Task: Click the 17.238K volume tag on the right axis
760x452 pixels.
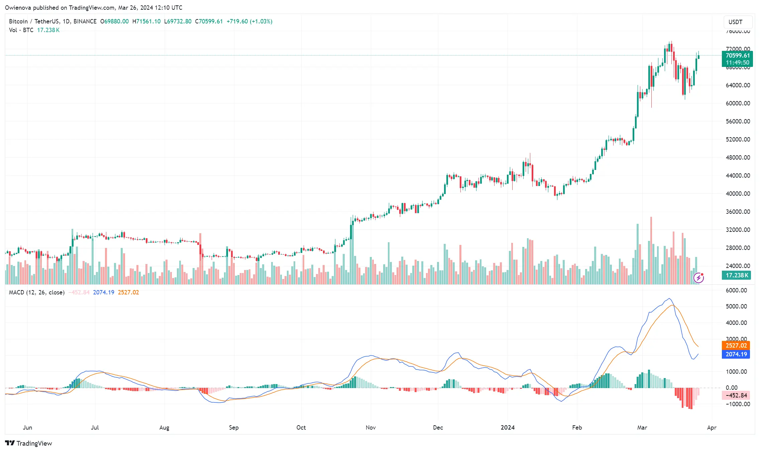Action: [737, 275]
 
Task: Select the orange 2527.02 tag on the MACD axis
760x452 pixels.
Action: [736, 345]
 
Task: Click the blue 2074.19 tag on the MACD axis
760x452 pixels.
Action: [736, 354]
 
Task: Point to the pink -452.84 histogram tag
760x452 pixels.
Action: [736, 395]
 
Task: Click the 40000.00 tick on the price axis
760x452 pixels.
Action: [738, 193]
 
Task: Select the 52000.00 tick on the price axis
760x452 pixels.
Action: [738, 139]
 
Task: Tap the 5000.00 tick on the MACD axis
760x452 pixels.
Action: [736, 306]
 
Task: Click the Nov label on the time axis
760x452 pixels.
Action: [370, 427]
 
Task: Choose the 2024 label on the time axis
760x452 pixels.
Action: [507, 427]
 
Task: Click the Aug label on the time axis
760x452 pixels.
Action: [164, 427]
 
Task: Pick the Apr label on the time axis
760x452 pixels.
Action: [712, 427]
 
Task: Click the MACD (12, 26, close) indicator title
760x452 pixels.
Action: [36, 292]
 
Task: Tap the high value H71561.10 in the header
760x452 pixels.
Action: [146, 21]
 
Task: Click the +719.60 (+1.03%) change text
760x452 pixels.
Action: [249, 21]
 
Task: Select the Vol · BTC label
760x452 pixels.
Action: [21, 30]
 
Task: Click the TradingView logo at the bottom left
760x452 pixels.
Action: [29, 443]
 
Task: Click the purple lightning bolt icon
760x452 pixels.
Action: [698, 278]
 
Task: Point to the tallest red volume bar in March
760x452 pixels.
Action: [651, 251]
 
